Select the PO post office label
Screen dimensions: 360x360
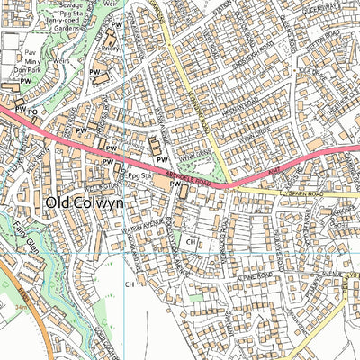coord(32,111)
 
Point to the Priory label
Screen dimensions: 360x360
coord(112,50)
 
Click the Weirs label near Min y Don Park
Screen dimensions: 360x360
coord(61,63)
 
